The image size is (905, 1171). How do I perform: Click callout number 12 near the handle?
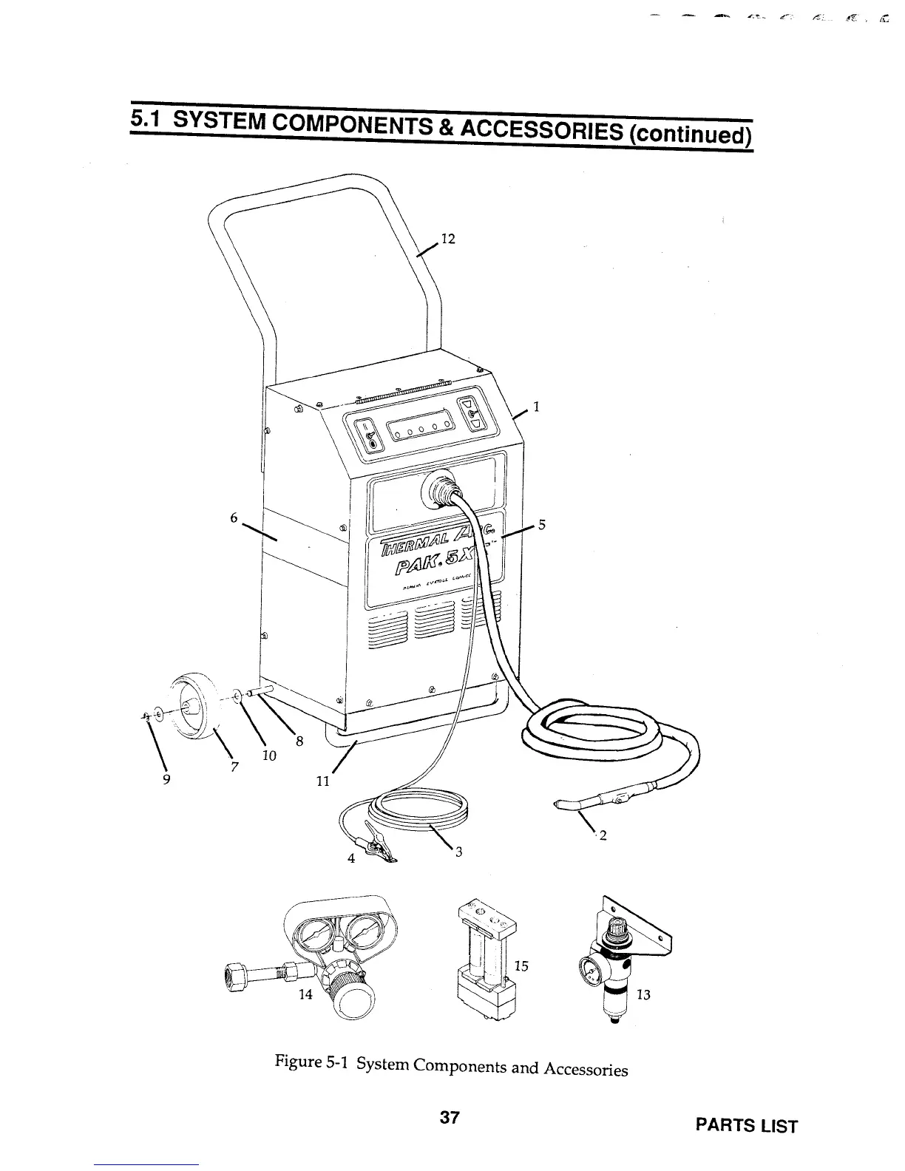click(447, 239)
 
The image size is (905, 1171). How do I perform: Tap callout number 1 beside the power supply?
click(536, 406)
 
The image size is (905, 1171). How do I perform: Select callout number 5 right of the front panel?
click(541, 525)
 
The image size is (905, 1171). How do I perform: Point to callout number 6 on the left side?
click(233, 518)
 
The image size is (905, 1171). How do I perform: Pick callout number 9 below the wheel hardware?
click(166, 778)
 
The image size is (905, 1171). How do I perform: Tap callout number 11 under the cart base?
click(322, 781)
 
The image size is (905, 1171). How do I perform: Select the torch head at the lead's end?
click(568, 802)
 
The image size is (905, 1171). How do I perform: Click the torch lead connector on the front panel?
click(441, 489)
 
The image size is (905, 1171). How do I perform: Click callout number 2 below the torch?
click(603, 836)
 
